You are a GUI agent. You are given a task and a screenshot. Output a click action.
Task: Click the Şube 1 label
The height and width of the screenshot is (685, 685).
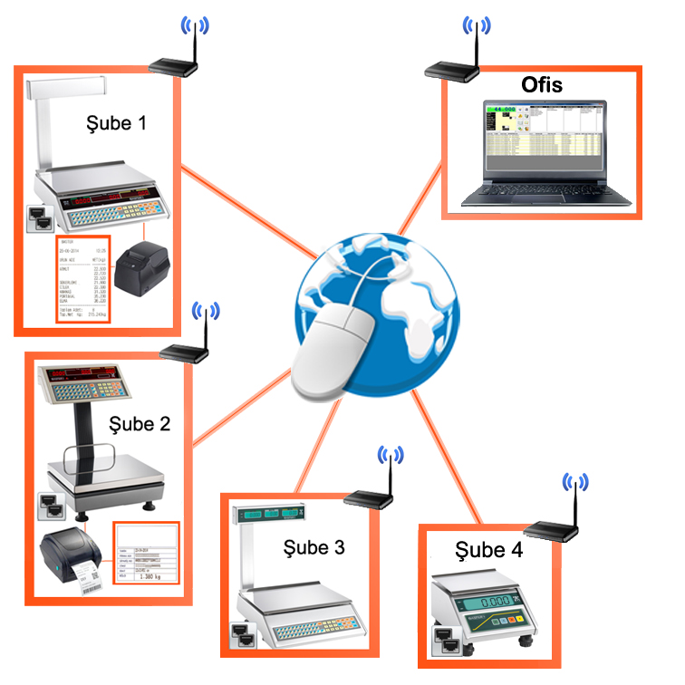click(x=115, y=121)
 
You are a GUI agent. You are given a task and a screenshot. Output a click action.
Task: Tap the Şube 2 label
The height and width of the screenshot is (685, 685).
click(x=139, y=423)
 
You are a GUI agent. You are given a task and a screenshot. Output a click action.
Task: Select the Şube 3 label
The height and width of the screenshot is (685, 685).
click(x=314, y=547)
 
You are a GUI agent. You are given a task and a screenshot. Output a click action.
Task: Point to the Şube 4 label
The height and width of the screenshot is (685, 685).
click(x=488, y=550)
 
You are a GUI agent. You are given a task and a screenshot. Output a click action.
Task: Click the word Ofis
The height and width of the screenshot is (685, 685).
click(x=542, y=86)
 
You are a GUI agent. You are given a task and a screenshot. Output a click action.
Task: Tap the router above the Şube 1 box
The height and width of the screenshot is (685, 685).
click(x=173, y=64)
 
